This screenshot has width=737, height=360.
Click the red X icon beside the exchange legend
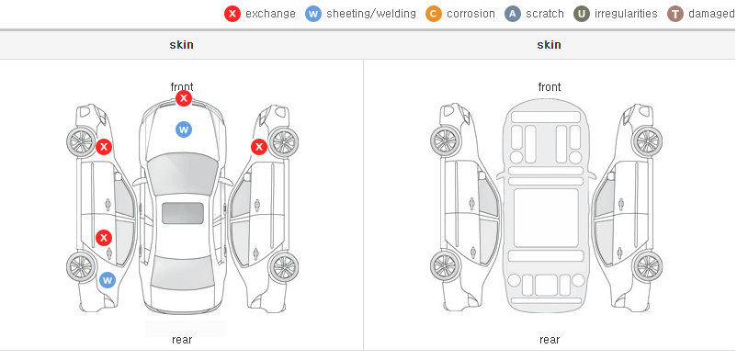coord(232,14)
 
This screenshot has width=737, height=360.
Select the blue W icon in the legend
coord(313,14)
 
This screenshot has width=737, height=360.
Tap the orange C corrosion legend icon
coord(434,14)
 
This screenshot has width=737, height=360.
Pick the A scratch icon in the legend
coord(513,14)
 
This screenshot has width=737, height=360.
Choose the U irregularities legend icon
coord(582,14)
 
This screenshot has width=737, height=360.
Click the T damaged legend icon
coord(675,14)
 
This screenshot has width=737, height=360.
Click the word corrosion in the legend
coord(471,14)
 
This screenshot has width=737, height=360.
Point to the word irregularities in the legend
coord(626,14)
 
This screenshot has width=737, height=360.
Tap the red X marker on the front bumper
coord(184,98)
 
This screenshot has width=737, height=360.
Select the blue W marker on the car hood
coord(184,129)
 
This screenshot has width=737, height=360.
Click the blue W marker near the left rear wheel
coord(108,280)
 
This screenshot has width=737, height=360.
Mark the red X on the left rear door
coord(104,237)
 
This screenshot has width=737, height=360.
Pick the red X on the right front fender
coord(259,147)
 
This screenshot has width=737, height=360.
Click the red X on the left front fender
coord(104,147)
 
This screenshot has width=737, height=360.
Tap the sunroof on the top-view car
coord(183,213)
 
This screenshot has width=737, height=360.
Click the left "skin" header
coord(181,45)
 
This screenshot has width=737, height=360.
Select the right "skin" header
coord(549,45)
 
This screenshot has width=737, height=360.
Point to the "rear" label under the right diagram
coord(550,339)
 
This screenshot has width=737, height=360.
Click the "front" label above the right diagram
coord(550,87)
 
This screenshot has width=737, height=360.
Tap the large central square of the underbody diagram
coord(546,218)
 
